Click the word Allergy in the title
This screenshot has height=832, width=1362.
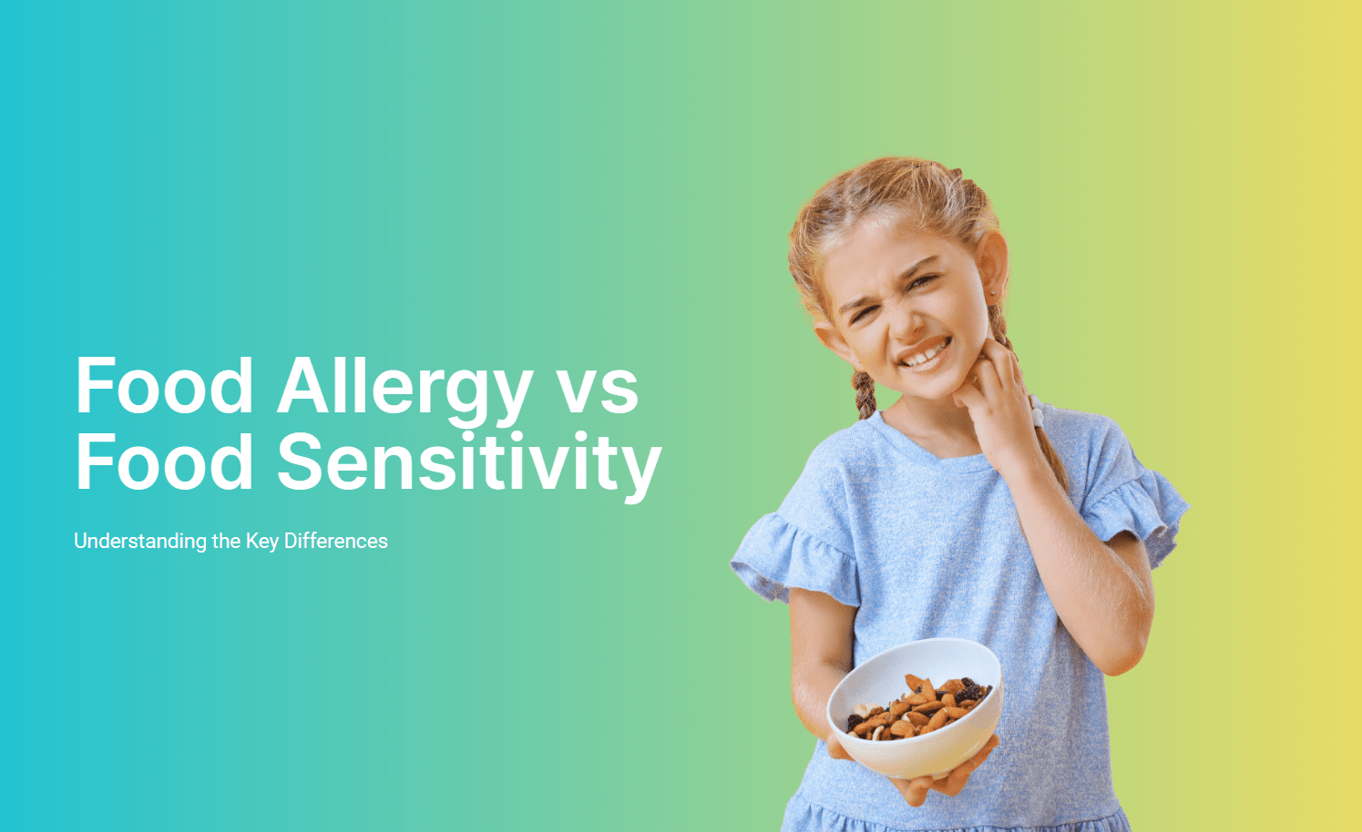(404, 386)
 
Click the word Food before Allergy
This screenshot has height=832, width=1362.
(164, 386)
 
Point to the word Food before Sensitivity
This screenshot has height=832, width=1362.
(164, 462)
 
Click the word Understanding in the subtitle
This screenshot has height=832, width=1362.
(140, 541)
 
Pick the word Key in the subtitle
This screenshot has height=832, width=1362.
(262, 541)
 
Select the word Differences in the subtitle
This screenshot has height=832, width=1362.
(336, 541)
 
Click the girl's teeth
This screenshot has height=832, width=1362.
(926, 351)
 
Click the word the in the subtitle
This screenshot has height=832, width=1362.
(226, 541)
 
